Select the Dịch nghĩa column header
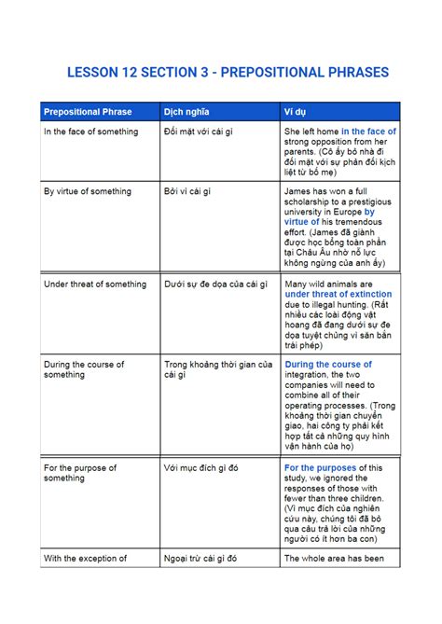click(x=186, y=112)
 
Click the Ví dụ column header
click(x=295, y=112)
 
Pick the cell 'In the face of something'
click(x=90, y=132)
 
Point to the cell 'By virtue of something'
click(x=88, y=191)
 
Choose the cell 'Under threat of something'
click(x=95, y=284)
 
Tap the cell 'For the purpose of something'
click(x=80, y=473)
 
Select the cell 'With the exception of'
click(x=85, y=559)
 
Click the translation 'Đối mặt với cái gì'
click(x=198, y=132)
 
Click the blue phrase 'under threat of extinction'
click(x=338, y=295)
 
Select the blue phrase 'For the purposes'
click(x=320, y=467)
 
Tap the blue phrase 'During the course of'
click(x=328, y=364)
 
